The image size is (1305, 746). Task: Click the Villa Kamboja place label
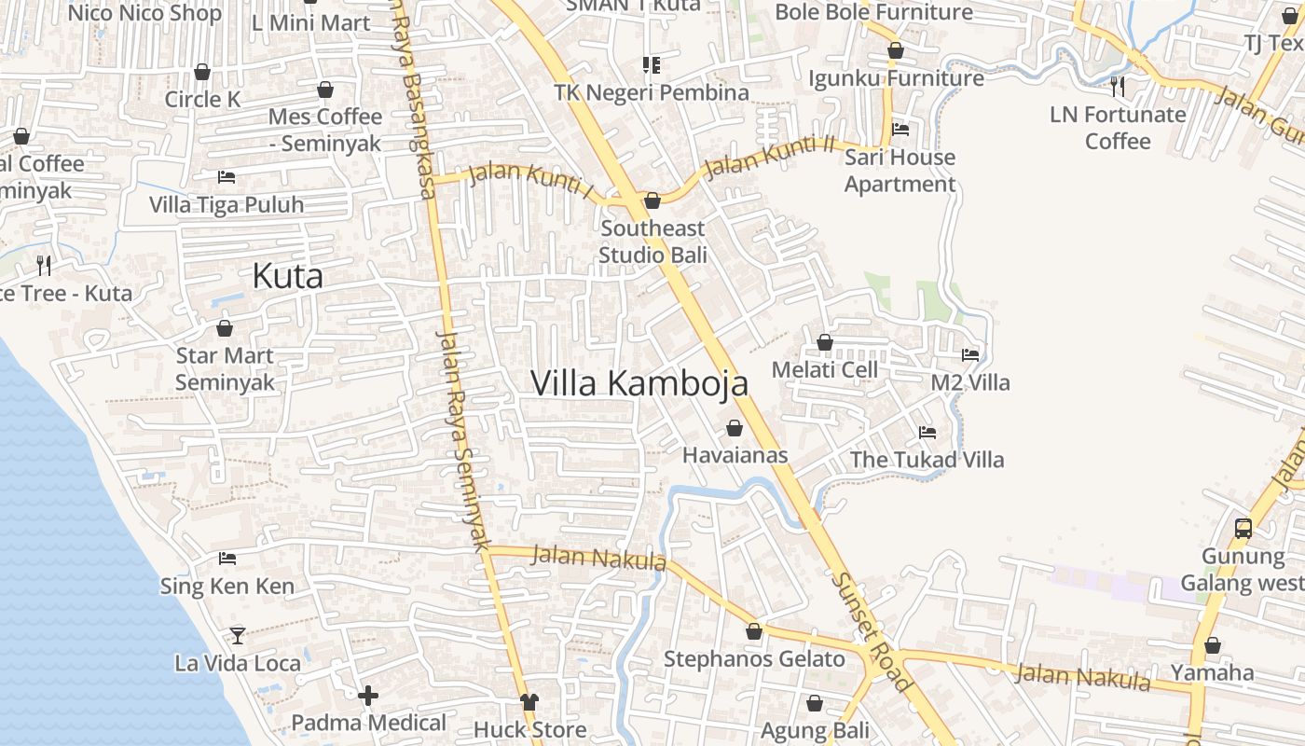(639, 382)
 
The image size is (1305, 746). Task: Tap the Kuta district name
(288, 276)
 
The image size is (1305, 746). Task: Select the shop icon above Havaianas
(735, 428)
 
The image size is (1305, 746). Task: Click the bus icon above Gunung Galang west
(1243, 528)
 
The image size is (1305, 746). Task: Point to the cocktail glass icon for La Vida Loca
(238, 635)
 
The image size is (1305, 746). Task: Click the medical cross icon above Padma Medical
(368, 695)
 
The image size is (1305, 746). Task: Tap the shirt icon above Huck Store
(529, 701)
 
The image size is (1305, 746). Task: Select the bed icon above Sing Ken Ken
(227, 559)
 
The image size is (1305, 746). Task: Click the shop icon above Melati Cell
(824, 342)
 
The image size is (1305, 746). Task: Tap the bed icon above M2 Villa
(970, 355)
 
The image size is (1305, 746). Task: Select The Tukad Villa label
(927, 460)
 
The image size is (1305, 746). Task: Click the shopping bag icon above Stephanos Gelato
(754, 631)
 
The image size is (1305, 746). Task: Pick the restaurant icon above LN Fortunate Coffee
(1118, 87)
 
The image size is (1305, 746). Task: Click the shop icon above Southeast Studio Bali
(652, 200)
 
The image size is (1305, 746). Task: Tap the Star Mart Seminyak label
(225, 369)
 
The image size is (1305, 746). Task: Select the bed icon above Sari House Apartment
(900, 130)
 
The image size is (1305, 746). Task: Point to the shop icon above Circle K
(202, 72)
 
